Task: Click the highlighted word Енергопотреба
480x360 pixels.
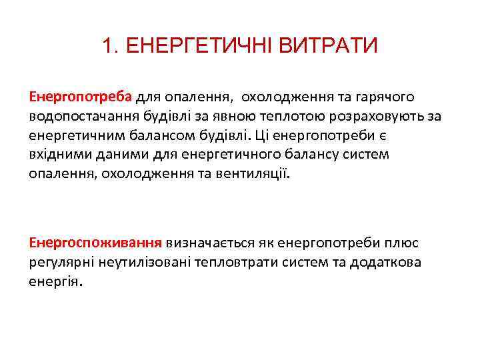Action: (81, 97)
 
